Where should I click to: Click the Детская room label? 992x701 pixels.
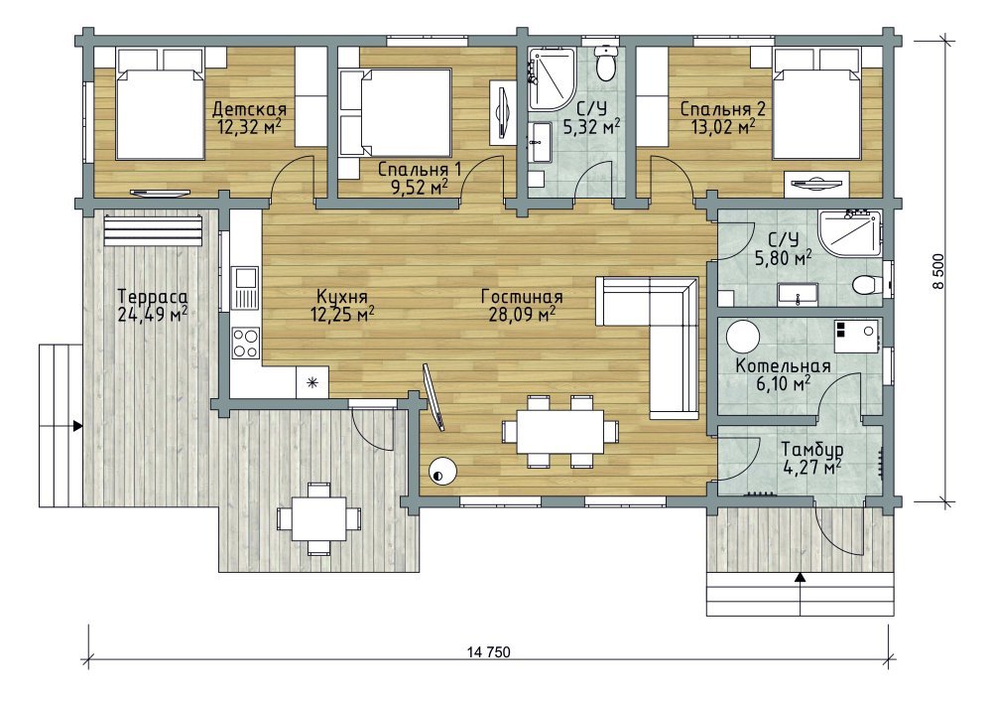pyautogui.click(x=249, y=109)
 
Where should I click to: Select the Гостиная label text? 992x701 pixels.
pyautogui.click(x=522, y=296)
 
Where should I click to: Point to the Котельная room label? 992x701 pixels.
pyautogui.click(x=783, y=366)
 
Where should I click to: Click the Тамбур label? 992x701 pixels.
pyautogui.click(x=811, y=450)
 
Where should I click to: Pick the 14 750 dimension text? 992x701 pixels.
pyautogui.click(x=488, y=652)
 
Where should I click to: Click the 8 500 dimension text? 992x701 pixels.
pyautogui.click(x=938, y=271)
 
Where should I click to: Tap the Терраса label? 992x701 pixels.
pyautogui.click(x=153, y=296)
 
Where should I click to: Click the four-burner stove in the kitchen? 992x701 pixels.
pyautogui.click(x=245, y=343)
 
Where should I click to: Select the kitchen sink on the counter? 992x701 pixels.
pyautogui.click(x=245, y=286)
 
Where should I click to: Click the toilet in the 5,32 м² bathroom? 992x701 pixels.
pyautogui.click(x=606, y=64)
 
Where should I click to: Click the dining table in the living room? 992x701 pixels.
pyautogui.click(x=559, y=432)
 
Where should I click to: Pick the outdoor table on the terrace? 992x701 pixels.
pyautogui.click(x=318, y=518)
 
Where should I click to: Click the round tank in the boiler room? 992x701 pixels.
pyautogui.click(x=742, y=336)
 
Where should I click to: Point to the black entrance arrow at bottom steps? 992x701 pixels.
pyautogui.click(x=801, y=577)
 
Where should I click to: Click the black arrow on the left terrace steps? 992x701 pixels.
pyautogui.click(x=77, y=426)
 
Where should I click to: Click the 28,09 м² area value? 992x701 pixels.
pyautogui.click(x=522, y=314)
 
